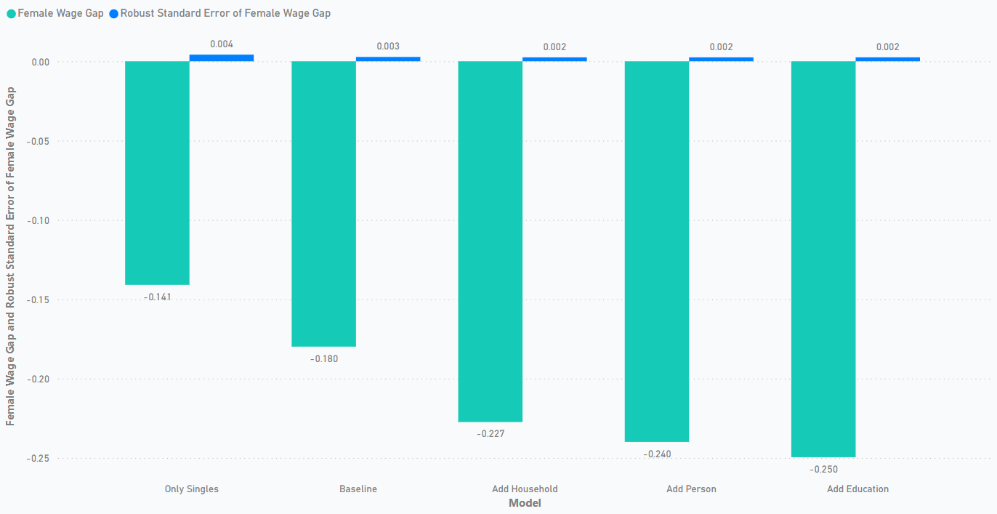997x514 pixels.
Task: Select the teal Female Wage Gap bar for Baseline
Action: click(x=323, y=204)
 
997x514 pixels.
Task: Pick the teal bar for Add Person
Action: click(x=657, y=252)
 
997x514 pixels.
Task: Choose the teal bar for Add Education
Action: click(x=823, y=259)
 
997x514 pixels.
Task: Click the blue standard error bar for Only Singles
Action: click(x=222, y=58)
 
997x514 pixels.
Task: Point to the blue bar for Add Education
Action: click(x=887, y=59)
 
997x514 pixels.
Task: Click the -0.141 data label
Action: click(x=157, y=297)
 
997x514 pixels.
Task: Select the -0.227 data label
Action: click(x=491, y=433)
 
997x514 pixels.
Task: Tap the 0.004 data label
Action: click(x=222, y=44)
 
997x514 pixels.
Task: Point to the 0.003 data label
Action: click(x=388, y=47)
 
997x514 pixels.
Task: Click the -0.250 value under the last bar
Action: click(x=823, y=469)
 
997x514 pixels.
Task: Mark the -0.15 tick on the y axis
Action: click(x=39, y=300)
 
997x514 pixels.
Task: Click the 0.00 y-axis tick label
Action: click(x=41, y=62)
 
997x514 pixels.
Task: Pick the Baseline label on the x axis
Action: click(x=358, y=489)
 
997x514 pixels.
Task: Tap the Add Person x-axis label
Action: click(x=691, y=489)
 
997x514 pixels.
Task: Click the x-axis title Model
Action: click(x=525, y=503)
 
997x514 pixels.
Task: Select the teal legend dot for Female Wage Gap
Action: click(x=11, y=14)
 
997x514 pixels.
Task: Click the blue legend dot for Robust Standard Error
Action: click(x=113, y=14)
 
